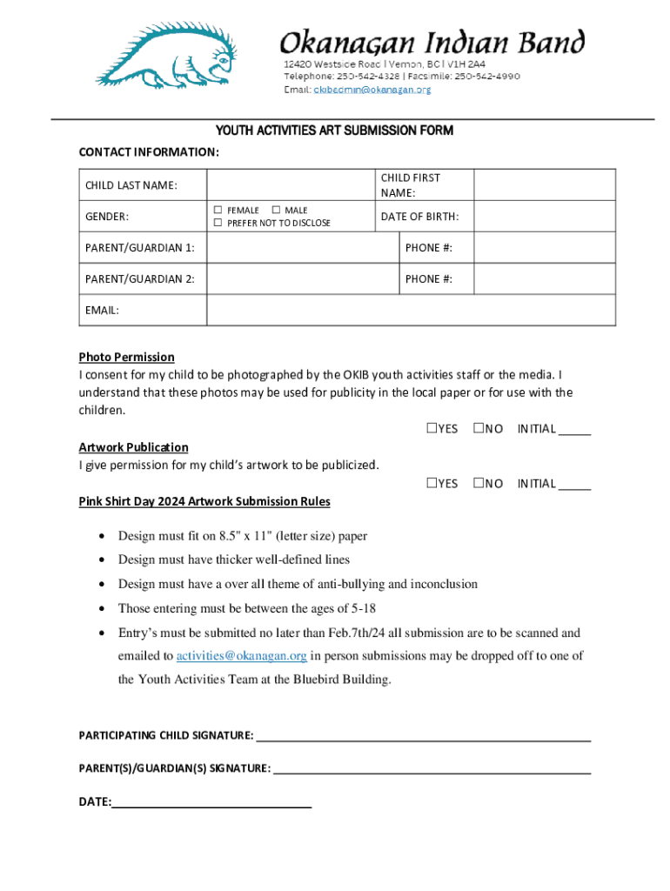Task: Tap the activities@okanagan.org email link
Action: [242, 655]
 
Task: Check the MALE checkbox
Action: [276, 210]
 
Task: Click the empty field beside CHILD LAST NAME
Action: [291, 184]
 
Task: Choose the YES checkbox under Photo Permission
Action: [432, 429]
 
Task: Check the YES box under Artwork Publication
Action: [432, 483]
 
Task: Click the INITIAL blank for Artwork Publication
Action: [574, 486]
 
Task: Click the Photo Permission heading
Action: [126, 357]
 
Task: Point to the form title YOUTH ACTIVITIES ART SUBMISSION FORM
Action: [334, 131]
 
